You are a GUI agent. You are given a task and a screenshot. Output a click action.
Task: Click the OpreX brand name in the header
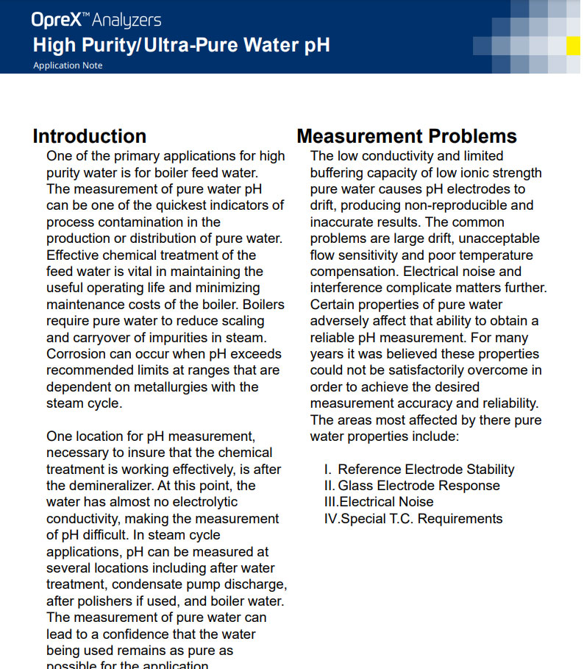[x=55, y=21]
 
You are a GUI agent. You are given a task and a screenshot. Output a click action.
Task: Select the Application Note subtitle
[x=68, y=66]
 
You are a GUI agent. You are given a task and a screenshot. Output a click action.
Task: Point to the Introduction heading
[x=89, y=136]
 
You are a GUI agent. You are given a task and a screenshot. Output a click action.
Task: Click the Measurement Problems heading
[x=407, y=136]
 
